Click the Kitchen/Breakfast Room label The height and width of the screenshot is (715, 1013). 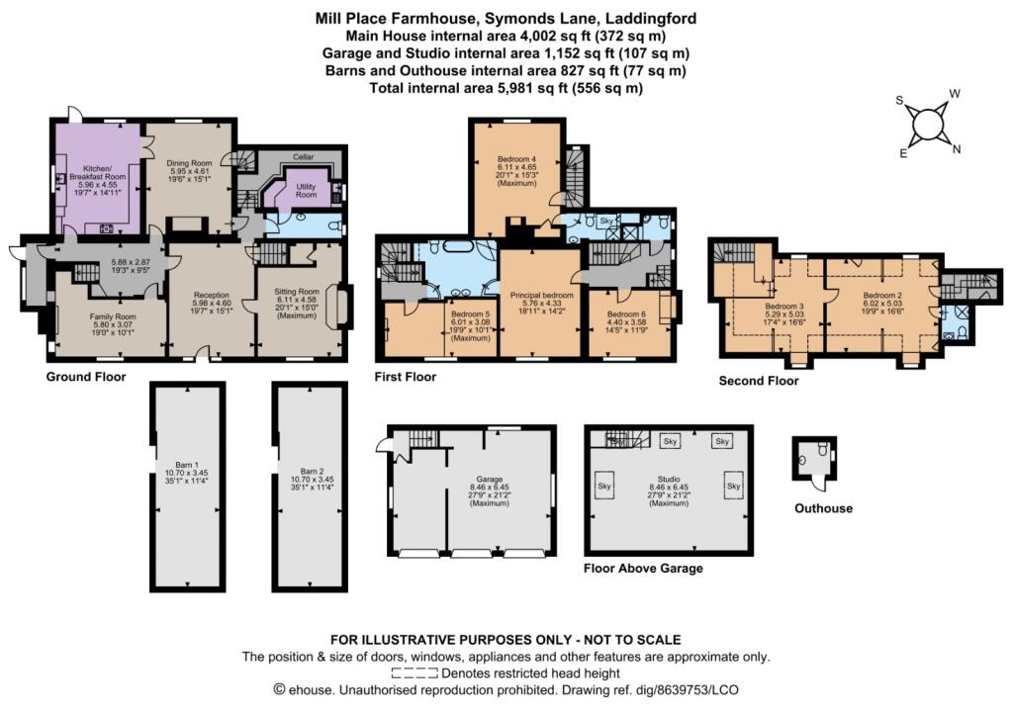click(97, 172)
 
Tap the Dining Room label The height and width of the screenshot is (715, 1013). click(189, 163)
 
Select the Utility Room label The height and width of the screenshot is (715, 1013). click(307, 191)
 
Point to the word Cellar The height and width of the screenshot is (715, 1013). click(303, 157)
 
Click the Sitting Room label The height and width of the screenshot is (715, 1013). click(297, 292)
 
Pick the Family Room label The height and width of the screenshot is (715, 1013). click(113, 316)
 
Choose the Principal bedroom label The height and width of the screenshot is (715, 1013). click(541, 295)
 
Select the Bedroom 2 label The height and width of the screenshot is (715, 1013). click(883, 295)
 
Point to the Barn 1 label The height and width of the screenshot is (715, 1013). click(187, 465)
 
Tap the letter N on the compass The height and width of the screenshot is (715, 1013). click(957, 149)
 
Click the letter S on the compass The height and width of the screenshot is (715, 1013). click(899, 100)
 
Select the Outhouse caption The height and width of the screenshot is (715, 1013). click(823, 508)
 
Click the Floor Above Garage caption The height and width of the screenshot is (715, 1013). click(643, 569)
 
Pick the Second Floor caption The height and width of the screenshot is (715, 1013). click(759, 381)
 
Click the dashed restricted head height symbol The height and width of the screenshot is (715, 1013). click(414, 673)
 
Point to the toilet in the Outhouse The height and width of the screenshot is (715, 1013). click(823, 450)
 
